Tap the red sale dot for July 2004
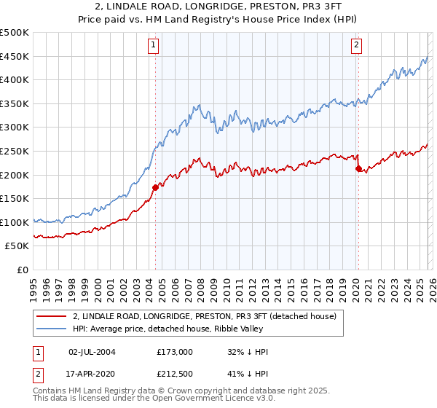click(155, 187)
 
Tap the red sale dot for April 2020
click(358, 169)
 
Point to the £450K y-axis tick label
click(15, 57)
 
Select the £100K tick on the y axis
click(15, 222)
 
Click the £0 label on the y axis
click(22, 270)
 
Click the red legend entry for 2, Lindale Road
click(204, 317)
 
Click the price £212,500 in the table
click(175, 374)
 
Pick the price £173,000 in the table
click(175, 352)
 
